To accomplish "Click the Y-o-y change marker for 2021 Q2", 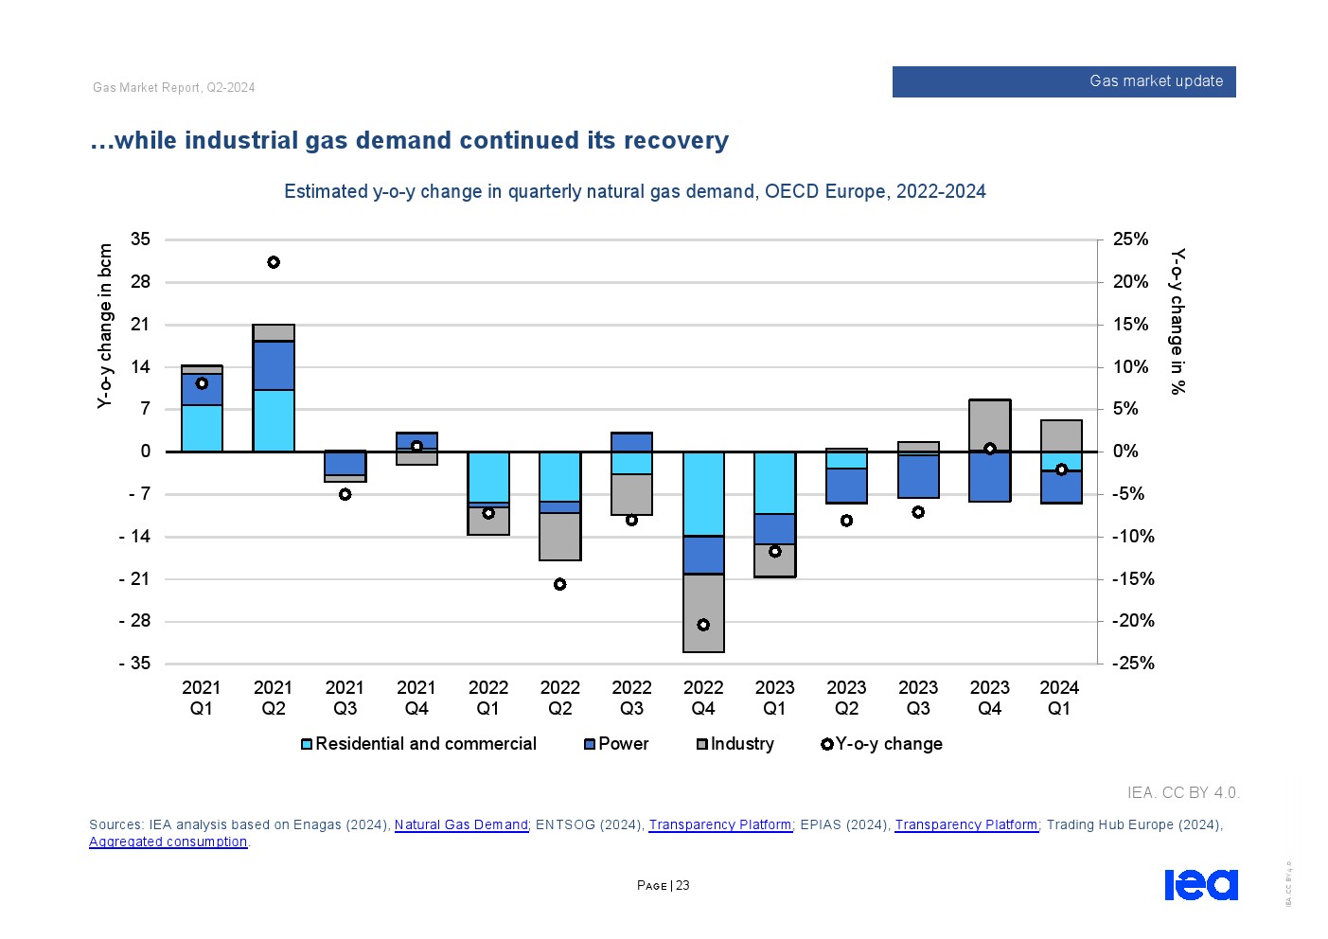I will [x=274, y=262].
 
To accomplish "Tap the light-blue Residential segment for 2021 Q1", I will [x=202, y=428].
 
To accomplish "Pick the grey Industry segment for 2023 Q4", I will [x=990, y=424].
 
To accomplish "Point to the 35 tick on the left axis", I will [x=140, y=239].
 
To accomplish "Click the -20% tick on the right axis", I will [x=1132, y=621].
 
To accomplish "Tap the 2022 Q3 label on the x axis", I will [x=631, y=698].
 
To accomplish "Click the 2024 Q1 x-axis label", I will [x=1059, y=698].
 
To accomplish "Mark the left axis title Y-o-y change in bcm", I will [x=105, y=326].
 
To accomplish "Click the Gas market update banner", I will [x=1063, y=81].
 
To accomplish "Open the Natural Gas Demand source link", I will [x=461, y=824].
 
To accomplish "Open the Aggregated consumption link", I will [x=168, y=842].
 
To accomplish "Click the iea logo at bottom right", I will [x=1200, y=884].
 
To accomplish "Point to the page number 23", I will [x=682, y=886].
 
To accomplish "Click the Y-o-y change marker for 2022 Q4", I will [x=703, y=625].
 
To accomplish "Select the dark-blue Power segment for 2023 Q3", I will [x=918, y=476].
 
